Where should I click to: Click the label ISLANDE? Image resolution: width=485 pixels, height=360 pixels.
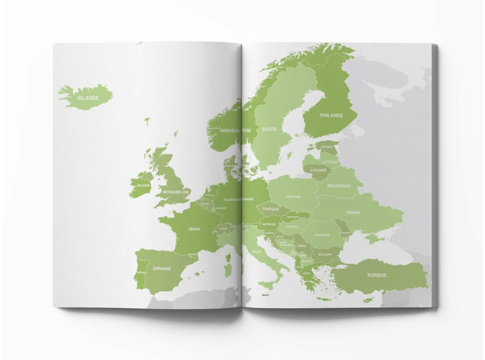point(88,98)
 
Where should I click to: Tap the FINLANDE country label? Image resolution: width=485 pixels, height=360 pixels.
point(331,116)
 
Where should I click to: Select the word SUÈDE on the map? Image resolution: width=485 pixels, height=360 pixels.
point(268,129)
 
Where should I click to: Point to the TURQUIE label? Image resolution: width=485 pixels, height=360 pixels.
point(378,275)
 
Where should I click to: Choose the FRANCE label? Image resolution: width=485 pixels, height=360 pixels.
point(195,228)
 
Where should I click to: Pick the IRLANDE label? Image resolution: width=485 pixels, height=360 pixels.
point(143,186)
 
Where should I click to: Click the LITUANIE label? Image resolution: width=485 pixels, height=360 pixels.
point(318,170)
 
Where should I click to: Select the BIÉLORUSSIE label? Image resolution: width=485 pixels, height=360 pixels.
point(339,186)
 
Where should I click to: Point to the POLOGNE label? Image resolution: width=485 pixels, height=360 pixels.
point(294,197)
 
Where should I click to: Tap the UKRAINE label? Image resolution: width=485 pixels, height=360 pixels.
point(353,213)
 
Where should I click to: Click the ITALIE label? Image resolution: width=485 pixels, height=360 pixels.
point(257,251)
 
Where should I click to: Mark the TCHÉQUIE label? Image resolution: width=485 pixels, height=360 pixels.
point(271,209)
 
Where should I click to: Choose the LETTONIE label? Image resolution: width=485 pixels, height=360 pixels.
point(330,162)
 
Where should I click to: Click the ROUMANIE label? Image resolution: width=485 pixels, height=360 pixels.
point(322,235)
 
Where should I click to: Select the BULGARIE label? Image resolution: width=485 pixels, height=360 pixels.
point(325,254)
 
